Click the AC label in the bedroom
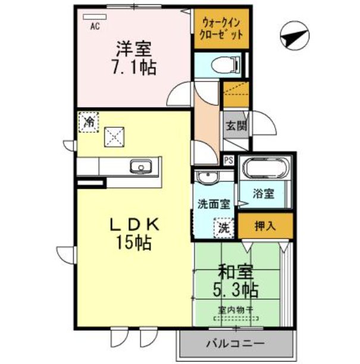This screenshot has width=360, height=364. coord(94,26)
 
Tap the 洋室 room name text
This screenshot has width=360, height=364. coord(132,48)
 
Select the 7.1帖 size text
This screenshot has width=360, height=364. coord(133,67)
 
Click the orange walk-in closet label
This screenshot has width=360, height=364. coord(222,28)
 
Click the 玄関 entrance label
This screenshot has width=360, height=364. coord(233,126)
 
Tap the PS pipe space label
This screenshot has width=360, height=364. coord(228,159)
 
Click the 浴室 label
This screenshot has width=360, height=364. coord(264,194)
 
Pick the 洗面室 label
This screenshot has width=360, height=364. coord(214,203)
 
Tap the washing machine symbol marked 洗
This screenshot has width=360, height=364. coord(222,227)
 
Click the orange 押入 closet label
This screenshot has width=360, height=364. coord(265,226)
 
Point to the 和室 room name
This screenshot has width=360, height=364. coord(236,272)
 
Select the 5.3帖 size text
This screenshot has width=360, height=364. coord(236,291)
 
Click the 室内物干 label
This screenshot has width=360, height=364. coord(236,310)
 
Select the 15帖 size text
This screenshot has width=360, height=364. coord(133,243)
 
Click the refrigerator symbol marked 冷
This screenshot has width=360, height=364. coord(89,123)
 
